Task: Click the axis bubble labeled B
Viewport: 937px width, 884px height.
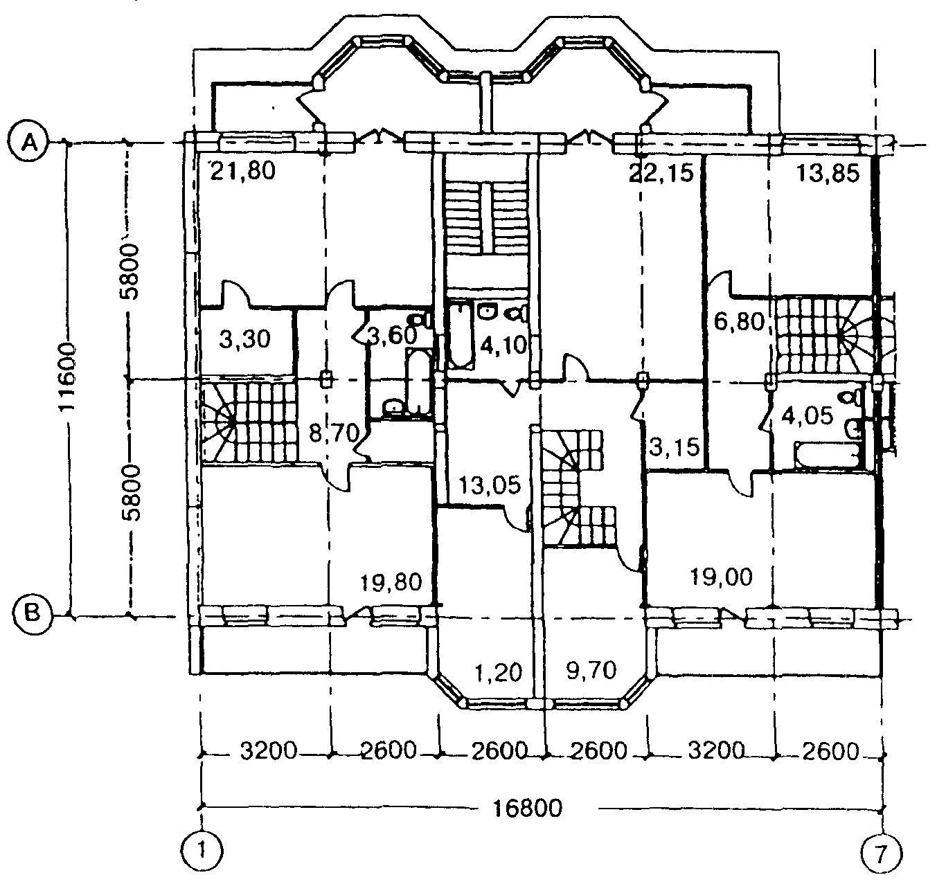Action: click(x=32, y=615)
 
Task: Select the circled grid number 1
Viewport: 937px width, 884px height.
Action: click(x=202, y=852)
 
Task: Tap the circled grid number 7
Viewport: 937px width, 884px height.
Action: click(x=880, y=852)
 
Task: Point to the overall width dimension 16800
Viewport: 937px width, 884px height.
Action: click(x=528, y=808)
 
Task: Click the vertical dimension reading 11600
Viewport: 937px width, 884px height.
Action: click(x=66, y=377)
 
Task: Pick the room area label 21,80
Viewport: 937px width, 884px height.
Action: click(x=242, y=171)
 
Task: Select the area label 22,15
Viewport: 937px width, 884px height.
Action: click(x=661, y=173)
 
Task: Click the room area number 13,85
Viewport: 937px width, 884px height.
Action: click(x=828, y=174)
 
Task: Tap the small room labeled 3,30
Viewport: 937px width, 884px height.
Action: click(x=245, y=339)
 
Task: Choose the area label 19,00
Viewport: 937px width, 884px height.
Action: click(x=722, y=577)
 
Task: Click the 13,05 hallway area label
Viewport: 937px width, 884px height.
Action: click(x=490, y=485)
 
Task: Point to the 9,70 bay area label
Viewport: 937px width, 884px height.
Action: click(x=591, y=670)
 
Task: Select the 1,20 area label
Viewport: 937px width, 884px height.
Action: click(x=499, y=672)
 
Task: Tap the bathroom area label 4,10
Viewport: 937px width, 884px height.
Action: click(x=503, y=345)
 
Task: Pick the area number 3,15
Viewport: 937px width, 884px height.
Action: click(x=675, y=446)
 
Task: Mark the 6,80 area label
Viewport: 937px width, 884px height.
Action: click(x=739, y=322)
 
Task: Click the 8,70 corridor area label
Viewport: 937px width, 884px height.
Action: click(x=334, y=433)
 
